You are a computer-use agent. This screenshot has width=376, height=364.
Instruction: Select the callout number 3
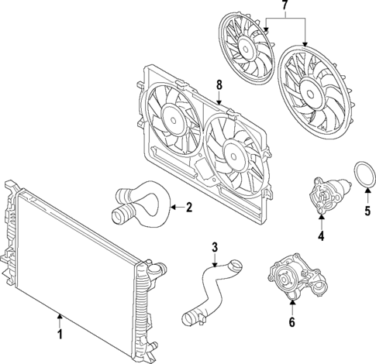pos(216,248)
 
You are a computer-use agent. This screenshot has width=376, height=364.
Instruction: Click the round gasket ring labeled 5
pos(362,175)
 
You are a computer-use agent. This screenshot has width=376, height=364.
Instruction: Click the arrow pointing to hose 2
pos(175,207)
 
